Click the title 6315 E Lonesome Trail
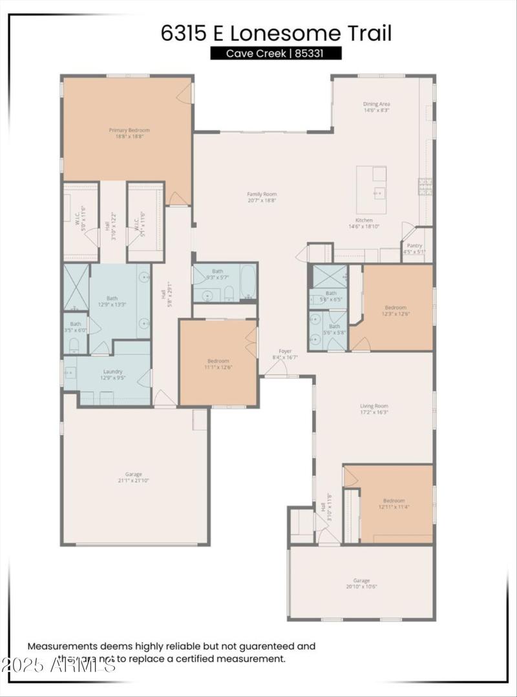point(276,33)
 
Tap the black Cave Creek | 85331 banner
point(276,54)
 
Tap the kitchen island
point(372,190)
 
